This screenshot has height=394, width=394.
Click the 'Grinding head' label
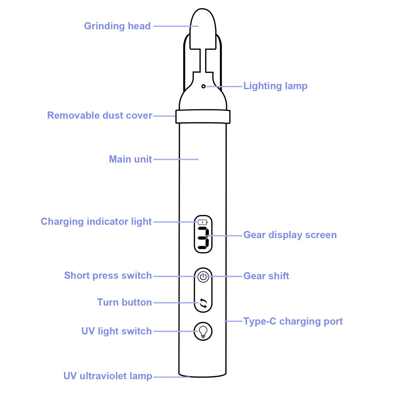[117, 26]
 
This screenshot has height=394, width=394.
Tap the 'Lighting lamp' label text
[275, 86]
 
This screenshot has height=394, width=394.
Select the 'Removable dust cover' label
[100, 116]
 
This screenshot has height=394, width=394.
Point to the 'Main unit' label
[130, 159]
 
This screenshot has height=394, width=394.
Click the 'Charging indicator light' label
[96, 222]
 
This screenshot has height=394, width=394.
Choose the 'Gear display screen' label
[290, 235]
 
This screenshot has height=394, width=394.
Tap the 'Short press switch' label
[108, 276]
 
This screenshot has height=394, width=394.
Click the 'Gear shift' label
[266, 276]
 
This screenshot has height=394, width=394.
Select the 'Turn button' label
[124, 302]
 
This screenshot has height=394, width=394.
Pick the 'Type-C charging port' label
[293, 321]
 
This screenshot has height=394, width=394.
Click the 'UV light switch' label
[116, 331]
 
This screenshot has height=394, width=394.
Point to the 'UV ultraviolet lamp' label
[108, 376]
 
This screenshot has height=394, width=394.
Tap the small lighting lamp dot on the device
[203, 86]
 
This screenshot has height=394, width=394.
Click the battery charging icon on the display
[203, 222]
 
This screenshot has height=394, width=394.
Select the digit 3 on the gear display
[203, 238]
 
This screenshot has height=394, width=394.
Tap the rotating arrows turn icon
[203, 303]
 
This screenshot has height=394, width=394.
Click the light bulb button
[203, 332]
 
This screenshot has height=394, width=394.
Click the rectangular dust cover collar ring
[203, 116]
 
